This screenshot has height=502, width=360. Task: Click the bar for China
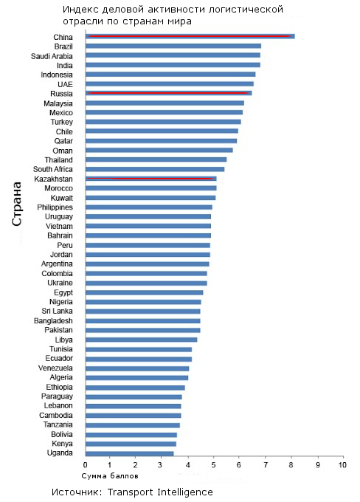190,36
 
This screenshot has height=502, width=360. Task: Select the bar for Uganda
130,453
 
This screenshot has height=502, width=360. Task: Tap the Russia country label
61,94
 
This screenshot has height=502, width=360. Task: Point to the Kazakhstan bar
151,179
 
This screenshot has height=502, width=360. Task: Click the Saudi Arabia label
52,56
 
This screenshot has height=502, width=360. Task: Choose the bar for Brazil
173,46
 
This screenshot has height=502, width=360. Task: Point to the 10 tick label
343,465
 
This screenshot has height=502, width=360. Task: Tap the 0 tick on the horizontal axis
85,465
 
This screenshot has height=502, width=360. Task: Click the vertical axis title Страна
17,204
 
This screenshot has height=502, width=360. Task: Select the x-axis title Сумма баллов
110,476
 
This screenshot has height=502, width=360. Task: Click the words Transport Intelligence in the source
160,492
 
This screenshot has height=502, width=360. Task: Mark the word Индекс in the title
80,10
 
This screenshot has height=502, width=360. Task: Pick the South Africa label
53,169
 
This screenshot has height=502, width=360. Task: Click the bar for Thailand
156,159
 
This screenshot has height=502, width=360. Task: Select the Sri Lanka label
57,312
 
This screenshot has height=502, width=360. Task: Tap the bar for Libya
142,340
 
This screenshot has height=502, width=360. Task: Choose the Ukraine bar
146,283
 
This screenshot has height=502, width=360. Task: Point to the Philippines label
55,207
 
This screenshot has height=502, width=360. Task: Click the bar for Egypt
145,292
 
